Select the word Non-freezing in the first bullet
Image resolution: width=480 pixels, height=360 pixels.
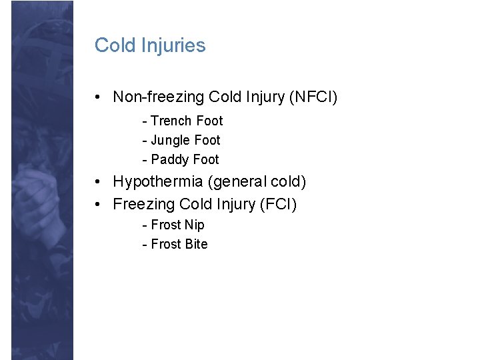click(159, 97)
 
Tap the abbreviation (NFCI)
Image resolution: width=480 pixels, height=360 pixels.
click(313, 97)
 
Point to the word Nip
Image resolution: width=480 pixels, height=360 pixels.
click(195, 225)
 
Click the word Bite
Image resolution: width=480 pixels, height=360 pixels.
click(196, 244)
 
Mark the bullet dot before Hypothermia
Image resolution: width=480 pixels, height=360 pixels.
click(98, 182)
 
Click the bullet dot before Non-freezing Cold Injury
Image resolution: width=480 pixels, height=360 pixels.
click(98, 98)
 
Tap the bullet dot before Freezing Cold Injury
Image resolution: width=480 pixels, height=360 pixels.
click(98, 204)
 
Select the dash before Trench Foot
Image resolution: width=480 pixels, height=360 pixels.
click(144, 121)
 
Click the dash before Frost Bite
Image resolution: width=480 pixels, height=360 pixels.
click(144, 245)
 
